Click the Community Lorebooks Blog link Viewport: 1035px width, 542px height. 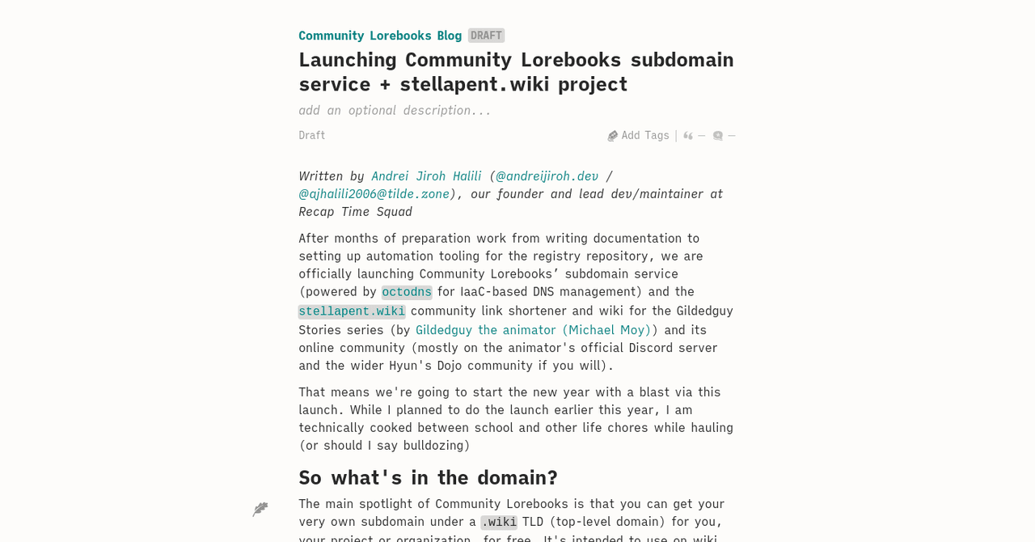pyautogui.click(x=380, y=36)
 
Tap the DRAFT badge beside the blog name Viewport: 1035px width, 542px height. pyautogui.click(x=486, y=36)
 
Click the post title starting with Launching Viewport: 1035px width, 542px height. pyautogui.click(x=516, y=71)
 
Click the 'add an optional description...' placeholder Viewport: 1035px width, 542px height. pyautogui.click(x=395, y=110)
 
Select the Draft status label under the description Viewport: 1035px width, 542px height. pyautogui.click(x=312, y=135)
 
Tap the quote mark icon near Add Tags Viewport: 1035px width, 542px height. pyautogui.click(x=688, y=136)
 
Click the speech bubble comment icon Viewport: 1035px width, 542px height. pyautogui.click(x=718, y=136)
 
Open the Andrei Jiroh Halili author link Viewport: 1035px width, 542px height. pyautogui.click(x=426, y=176)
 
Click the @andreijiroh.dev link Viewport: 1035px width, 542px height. pyautogui.click(x=547, y=176)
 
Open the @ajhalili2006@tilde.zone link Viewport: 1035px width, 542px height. pyautogui.click(x=374, y=193)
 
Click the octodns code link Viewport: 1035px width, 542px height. pyautogui.click(x=407, y=292)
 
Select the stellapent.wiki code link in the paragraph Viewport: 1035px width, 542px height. pyautogui.click(x=352, y=311)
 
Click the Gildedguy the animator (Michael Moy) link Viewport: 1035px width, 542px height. pyautogui.click(x=533, y=329)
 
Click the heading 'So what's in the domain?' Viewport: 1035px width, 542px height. pyautogui.click(x=428, y=477)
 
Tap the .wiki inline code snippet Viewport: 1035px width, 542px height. pyautogui.click(x=499, y=522)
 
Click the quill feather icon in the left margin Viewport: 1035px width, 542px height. pyautogui.click(x=260, y=509)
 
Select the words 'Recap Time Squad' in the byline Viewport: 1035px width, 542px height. pyautogui.click(x=355, y=211)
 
